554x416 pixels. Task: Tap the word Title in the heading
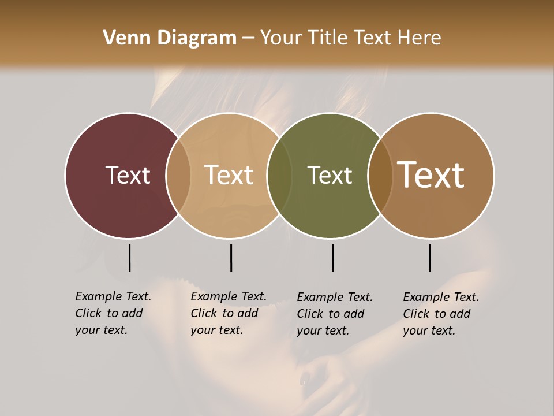(x=328, y=38)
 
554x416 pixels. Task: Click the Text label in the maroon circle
(x=128, y=175)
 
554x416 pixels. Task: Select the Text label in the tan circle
(x=229, y=175)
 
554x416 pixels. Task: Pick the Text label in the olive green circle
(x=330, y=175)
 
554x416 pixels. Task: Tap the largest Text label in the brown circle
(x=431, y=175)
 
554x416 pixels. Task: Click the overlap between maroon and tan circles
(x=178, y=175)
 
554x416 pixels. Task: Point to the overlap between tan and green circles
(x=279, y=175)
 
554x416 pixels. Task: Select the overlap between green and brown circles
(x=380, y=175)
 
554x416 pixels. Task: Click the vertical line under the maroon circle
(x=129, y=258)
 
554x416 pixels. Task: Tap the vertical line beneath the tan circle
(x=231, y=258)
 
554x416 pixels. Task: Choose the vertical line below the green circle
(x=332, y=258)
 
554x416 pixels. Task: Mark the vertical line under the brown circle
(x=429, y=258)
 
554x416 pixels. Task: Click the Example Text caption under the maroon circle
(x=113, y=313)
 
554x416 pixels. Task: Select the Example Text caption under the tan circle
(x=228, y=313)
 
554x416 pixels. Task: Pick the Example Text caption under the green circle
(x=334, y=314)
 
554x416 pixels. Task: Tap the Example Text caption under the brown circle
(x=440, y=314)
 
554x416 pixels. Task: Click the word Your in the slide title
(x=280, y=38)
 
